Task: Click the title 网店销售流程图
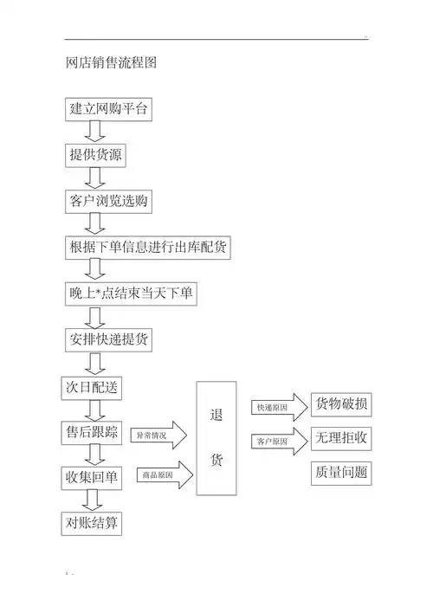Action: [x=111, y=63]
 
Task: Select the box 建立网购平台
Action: [x=110, y=109]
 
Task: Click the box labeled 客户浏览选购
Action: [x=110, y=202]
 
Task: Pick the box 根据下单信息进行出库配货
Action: [x=148, y=248]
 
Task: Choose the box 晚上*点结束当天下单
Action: [x=131, y=294]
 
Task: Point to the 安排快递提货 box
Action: [x=110, y=339]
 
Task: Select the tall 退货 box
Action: [x=216, y=438]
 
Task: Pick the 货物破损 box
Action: [x=341, y=404]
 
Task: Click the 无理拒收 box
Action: [x=341, y=438]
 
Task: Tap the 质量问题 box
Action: [x=341, y=473]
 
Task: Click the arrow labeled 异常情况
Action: [x=159, y=435]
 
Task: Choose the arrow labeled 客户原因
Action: [x=279, y=441]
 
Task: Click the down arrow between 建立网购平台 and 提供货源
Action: [x=95, y=132]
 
